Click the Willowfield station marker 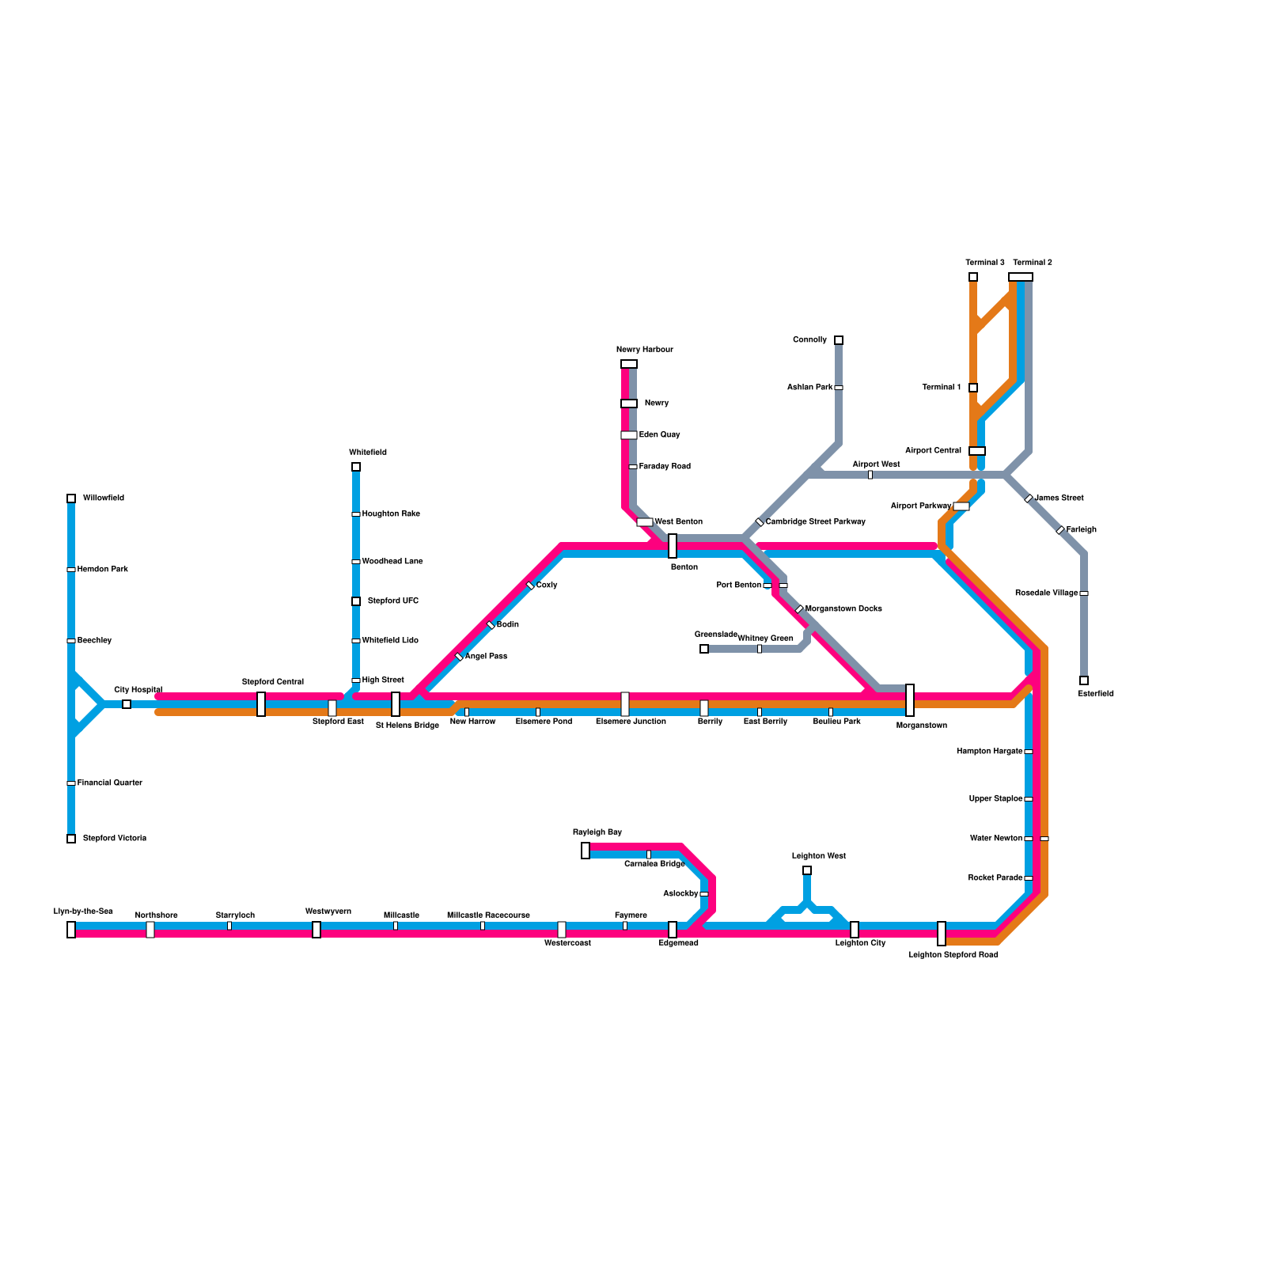coord(71,498)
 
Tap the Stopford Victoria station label coord(114,839)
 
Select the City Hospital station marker coord(127,704)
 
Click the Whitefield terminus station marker coord(356,467)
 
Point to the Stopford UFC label coord(392,601)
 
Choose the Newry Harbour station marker coord(629,364)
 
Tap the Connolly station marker coord(839,340)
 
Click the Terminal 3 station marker coord(973,277)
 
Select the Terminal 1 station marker coord(973,388)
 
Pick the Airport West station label coord(876,464)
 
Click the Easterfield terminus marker coord(1084,680)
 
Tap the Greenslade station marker coord(704,649)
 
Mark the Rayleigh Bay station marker coord(586,851)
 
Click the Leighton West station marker coord(807,870)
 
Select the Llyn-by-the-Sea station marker coord(71,930)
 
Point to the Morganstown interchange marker coord(910,700)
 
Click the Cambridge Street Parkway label coord(815,522)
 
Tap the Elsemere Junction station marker coord(625,704)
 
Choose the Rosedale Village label coord(1046,593)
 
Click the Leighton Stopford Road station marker coord(942,934)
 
